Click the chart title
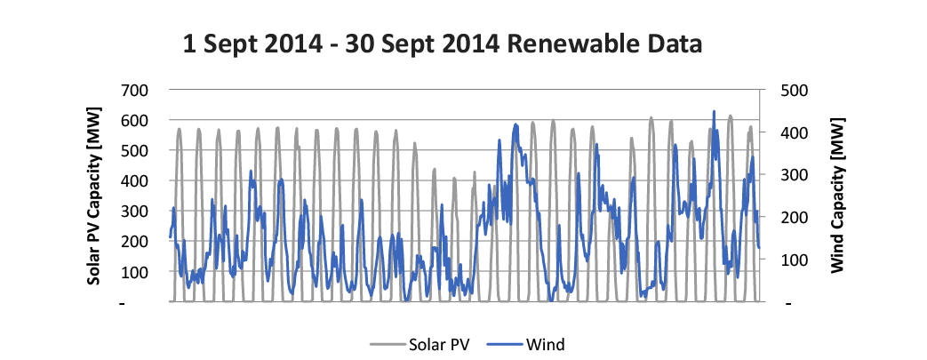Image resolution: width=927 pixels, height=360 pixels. pos(442,44)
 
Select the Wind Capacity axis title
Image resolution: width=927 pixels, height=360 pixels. pos(838,196)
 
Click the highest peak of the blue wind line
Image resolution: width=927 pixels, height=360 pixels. pos(714,112)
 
